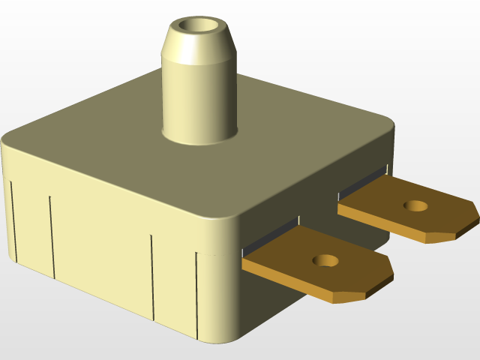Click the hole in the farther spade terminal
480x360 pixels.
point(414,205)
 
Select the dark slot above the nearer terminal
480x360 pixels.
point(270,235)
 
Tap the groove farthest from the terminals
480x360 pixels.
point(13,217)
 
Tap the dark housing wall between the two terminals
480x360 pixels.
point(330,225)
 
